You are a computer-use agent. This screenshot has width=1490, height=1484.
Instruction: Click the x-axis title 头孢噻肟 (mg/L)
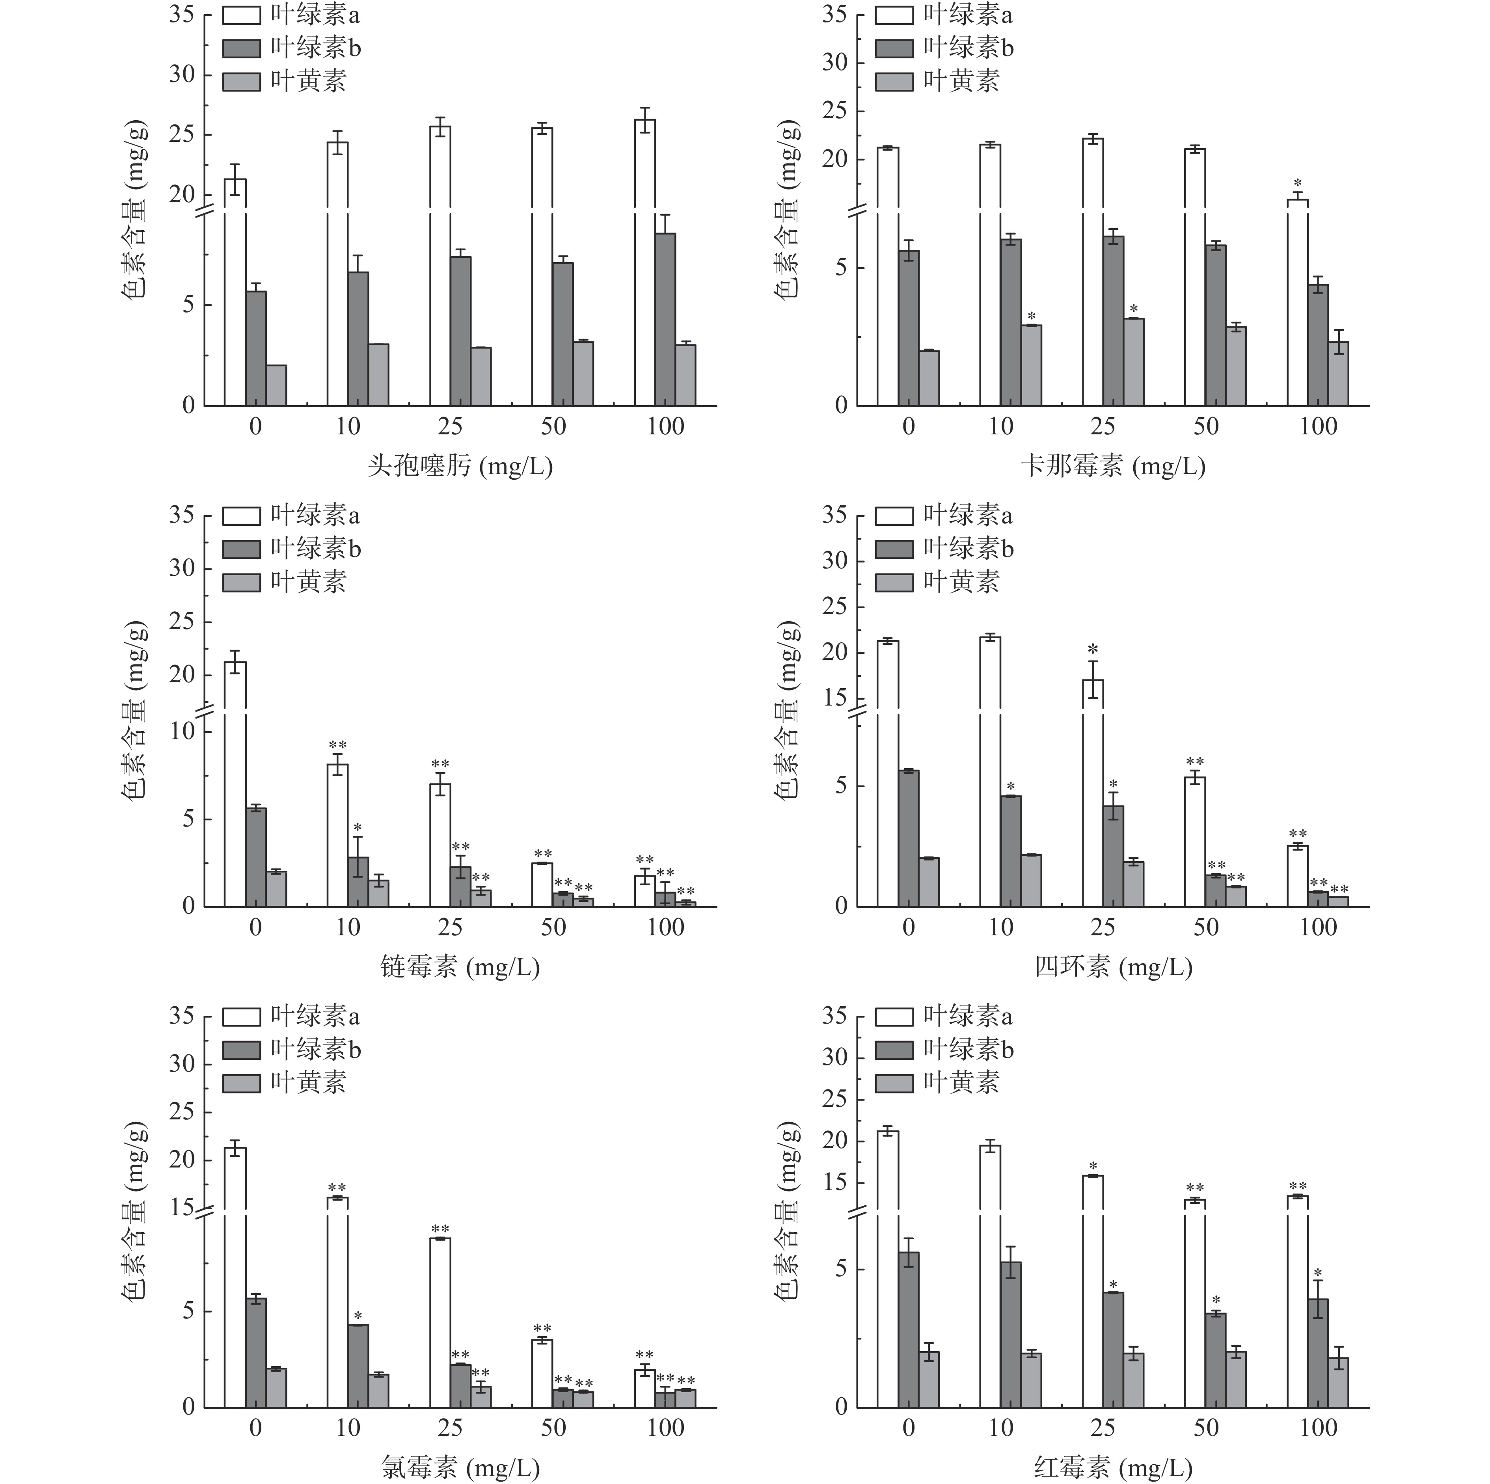[x=460, y=466]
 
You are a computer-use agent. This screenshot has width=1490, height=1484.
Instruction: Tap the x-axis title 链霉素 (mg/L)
[x=460, y=966]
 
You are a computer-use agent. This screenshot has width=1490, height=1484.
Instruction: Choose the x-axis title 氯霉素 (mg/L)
[x=460, y=1467]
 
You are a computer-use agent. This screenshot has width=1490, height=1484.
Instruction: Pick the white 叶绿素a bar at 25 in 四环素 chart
[x=1093, y=795]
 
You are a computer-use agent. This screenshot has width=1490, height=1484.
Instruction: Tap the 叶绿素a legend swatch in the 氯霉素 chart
[x=241, y=1017]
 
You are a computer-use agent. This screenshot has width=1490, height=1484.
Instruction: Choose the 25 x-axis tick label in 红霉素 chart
[x=1103, y=1428]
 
